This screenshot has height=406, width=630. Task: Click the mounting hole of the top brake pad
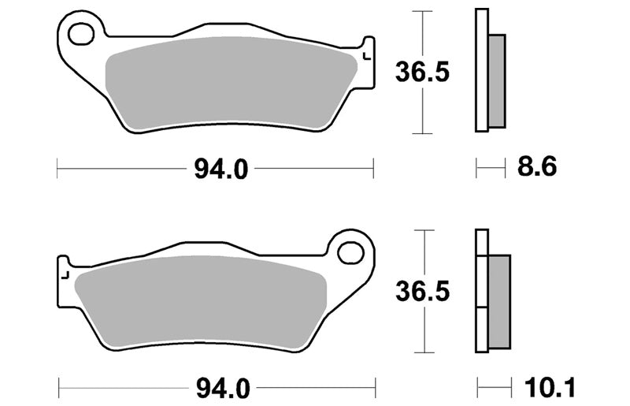(x=81, y=34)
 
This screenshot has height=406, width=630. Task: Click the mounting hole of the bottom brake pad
(x=350, y=254)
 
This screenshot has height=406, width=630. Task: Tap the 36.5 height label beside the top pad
(x=422, y=73)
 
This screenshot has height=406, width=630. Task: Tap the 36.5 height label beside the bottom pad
(x=423, y=292)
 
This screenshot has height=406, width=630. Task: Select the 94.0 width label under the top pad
(x=221, y=169)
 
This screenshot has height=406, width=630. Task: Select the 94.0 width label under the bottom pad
(x=223, y=389)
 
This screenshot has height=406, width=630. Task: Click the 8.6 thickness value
(x=537, y=166)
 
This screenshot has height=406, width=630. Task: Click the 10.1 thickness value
(x=550, y=388)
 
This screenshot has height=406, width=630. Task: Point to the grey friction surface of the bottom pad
(x=201, y=303)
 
